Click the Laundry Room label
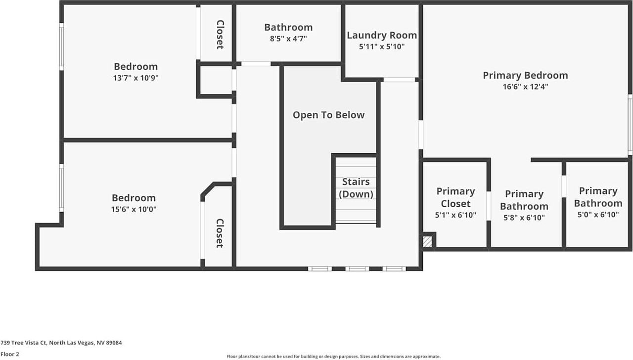[381, 35]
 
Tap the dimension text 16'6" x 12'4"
[525, 87]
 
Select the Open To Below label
[328, 115]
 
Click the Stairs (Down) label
[356, 188]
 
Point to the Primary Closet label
[455, 197]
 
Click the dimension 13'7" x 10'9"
[136, 78]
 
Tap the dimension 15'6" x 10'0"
[134, 209]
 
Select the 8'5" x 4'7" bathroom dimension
[288, 38]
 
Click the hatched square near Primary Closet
[427, 241]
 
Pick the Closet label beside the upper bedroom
[220, 34]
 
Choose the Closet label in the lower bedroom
[220, 233]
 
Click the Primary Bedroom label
[525, 75]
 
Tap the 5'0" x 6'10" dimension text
[598, 215]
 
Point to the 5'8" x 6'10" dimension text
[524, 217]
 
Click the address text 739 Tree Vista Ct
[61, 342]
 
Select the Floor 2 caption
[10, 354]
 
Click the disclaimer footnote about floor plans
[333, 356]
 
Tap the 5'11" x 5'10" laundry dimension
[381, 46]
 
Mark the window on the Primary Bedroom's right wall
[630, 125]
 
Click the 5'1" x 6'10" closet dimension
[455, 215]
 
